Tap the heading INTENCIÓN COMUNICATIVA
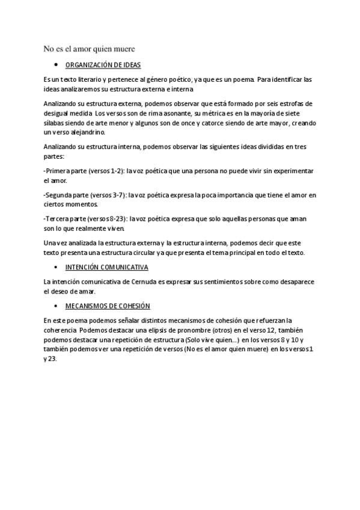pos(107,266)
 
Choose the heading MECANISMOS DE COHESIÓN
pos(108,306)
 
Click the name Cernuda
pos(141,281)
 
